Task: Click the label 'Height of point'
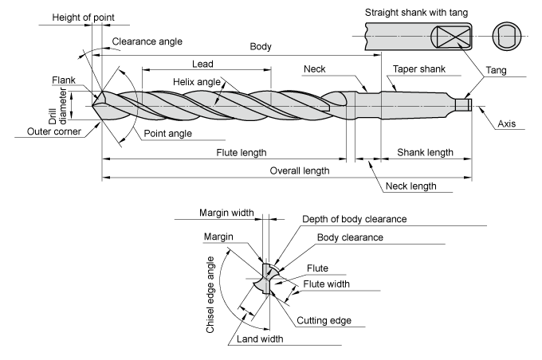(x=83, y=18)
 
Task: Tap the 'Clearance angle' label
(x=147, y=41)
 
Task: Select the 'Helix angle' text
(x=197, y=82)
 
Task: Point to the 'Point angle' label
(x=167, y=133)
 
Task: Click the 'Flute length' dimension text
(x=242, y=152)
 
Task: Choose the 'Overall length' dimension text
(x=300, y=170)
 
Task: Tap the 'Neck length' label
(x=410, y=186)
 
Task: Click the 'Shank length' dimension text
(x=425, y=152)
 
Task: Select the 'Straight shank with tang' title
(x=416, y=13)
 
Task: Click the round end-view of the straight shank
(x=507, y=37)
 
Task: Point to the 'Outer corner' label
(x=54, y=131)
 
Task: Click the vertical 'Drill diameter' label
(x=57, y=106)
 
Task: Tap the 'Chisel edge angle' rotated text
(x=210, y=295)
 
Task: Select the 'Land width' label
(x=260, y=339)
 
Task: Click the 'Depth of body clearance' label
(x=355, y=219)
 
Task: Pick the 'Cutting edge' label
(x=324, y=321)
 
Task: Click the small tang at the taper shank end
(x=464, y=105)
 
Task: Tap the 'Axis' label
(x=506, y=123)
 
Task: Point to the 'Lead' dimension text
(x=202, y=64)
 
